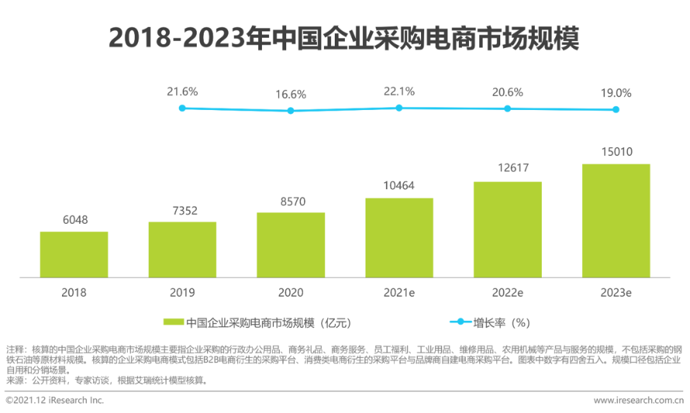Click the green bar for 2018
point(73,254)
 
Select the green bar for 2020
point(291,245)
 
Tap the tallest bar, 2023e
point(616,221)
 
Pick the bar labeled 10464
point(399,238)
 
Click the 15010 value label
point(616,152)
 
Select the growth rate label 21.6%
point(182,91)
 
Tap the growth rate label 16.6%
point(291,94)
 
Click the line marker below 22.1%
point(399,108)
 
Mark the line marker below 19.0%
point(616,109)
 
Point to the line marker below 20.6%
point(507,109)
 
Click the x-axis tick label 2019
point(182,293)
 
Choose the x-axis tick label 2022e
point(507,293)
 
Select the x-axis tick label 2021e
point(399,293)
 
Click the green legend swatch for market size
point(173,322)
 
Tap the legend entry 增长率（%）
point(502,322)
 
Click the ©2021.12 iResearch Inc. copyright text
point(55,400)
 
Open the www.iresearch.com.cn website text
point(638,400)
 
